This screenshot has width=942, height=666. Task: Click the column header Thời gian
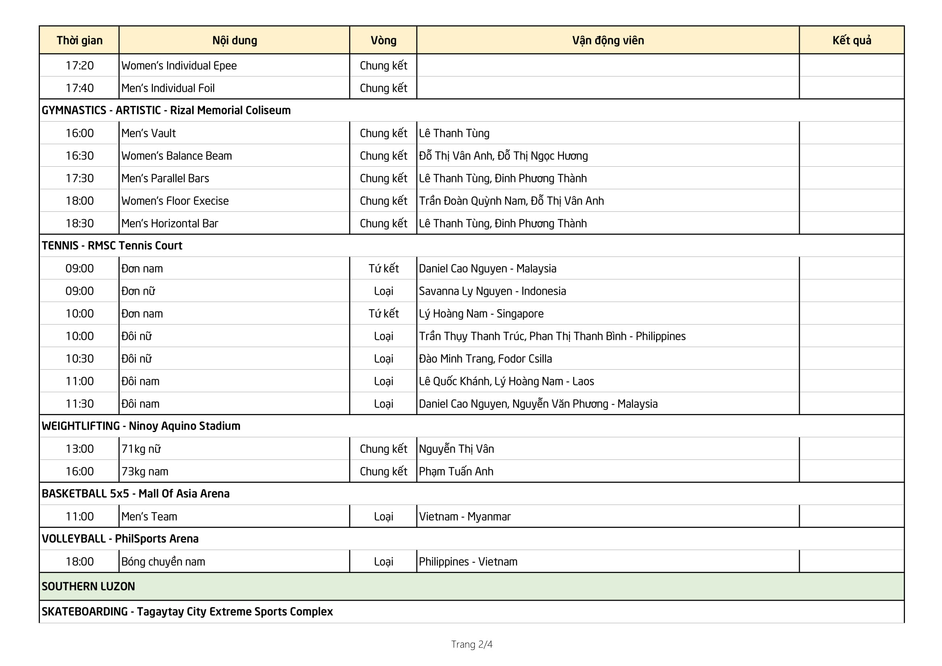tap(79, 40)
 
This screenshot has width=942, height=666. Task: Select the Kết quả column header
tap(851, 40)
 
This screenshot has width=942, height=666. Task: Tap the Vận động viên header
tap(608, 40)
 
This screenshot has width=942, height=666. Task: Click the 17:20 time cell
tap(79, 66)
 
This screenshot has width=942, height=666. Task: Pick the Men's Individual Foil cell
tap(168, 88)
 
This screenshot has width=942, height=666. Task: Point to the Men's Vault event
tap(149, 133)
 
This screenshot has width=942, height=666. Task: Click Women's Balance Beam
tap(176, 156)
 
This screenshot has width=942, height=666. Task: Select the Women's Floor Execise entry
tap(175, 201)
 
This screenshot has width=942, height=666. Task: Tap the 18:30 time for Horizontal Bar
tap(79, 223)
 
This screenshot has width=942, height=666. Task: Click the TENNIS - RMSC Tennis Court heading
tap(112, 246)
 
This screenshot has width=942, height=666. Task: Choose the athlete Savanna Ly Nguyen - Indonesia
tap(492, 291)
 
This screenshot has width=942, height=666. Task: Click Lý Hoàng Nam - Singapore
tap(481, 314)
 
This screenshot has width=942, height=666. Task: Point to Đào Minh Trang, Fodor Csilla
tap(485, 359)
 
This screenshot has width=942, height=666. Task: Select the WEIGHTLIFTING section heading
tap(141, 426)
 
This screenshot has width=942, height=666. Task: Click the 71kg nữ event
tap(141, 449)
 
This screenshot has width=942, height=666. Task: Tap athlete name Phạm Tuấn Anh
tap(456, 472)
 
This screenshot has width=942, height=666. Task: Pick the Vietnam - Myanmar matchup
tap(464, 517)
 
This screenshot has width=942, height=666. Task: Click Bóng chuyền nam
tap(163, 562)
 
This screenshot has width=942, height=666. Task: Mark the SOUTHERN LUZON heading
tap(88, 586)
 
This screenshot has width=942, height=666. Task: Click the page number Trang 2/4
tap(472, 644)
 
